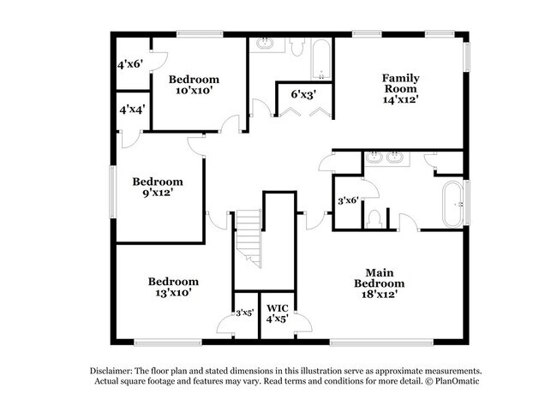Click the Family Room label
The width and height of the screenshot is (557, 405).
coord(400,83)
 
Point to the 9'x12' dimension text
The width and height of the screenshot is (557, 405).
coord(157,194)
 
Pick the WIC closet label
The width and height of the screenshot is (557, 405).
coord(277,308)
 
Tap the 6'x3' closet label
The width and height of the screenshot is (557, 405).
coord(303,93)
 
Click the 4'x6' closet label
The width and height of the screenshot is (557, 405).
coord(131,63)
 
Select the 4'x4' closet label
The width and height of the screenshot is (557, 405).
coord(131,110)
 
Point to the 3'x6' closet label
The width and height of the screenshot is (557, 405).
coord(347,201)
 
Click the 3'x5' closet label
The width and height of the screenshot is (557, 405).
coord(245,313)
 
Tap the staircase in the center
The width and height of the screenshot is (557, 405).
coord(249,237)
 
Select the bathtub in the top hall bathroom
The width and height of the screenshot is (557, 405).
coord(320,57)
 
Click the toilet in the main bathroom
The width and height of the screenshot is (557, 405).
coord(374,219)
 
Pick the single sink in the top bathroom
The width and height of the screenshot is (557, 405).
coord(264,43)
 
